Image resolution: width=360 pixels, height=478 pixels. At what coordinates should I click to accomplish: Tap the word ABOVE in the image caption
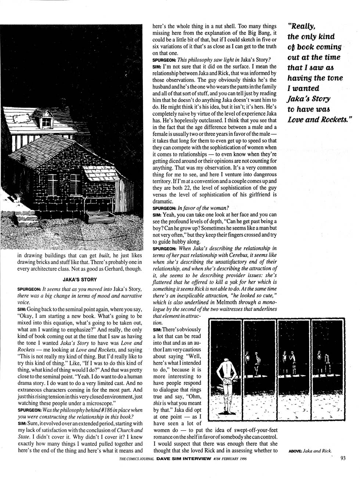(294, 450)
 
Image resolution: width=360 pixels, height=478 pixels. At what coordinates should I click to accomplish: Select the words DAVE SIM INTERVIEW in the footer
(186, 458)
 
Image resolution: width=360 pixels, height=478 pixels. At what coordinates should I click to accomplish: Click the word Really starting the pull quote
(302, 26)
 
